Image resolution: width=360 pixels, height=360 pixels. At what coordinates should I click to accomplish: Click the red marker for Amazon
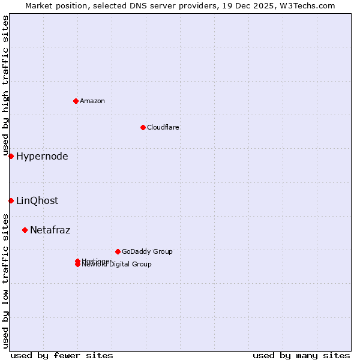click(x=76, y=101)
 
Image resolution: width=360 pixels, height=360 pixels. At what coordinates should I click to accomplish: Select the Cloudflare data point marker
click(x=143, y=127)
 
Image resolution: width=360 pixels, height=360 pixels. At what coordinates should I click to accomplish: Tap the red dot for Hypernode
click(x=11, y=157)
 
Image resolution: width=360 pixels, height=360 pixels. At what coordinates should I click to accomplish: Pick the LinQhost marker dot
click(x=11, y=200)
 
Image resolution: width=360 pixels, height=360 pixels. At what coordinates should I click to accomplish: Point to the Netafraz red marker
click(x=25, y=230)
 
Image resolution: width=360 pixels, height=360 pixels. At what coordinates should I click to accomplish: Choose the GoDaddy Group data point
click(x=118, y=251)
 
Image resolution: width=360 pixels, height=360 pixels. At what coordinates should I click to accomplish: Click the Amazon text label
click(x=92, y=101)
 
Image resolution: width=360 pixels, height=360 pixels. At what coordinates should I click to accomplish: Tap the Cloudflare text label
click(x=163, y=127)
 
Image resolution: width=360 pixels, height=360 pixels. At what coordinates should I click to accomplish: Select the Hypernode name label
click(x=42, y=157)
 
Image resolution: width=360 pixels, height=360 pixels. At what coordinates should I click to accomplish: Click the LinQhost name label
click(x=37, y=201)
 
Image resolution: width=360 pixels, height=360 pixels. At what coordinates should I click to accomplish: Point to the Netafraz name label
click(x=50, y=230)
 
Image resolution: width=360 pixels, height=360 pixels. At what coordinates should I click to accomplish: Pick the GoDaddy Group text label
click(x=147, y=251)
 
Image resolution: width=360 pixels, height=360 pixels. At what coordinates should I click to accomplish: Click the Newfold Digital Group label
click(x=117, y=265)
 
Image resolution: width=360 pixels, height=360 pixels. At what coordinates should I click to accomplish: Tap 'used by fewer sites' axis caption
click(x=62, y=356)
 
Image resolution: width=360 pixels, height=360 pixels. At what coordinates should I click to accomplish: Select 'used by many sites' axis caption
click(x=301, y=356)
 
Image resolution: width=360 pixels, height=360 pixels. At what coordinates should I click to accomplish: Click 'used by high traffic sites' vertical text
click(x=6, y=86)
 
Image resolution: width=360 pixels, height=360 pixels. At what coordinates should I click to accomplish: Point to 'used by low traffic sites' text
click(x=6, y=280)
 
